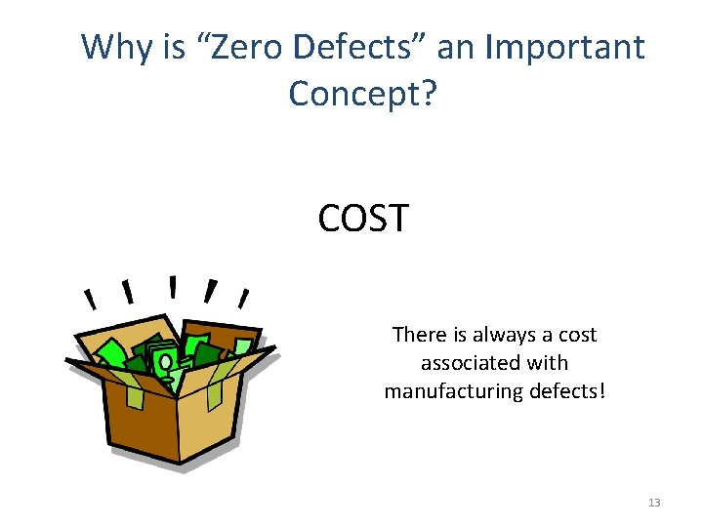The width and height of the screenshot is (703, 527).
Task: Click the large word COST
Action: click(363, 219)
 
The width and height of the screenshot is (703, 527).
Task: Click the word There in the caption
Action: click(418, 335)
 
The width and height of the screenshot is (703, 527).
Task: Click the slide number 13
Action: click(653, 503)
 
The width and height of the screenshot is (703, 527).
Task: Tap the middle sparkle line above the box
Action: click(173, 286)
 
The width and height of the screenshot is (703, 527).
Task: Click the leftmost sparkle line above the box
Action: click(89, 298)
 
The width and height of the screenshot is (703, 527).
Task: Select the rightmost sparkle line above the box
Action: click(243, 297)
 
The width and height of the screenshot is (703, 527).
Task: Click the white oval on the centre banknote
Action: click(166, 362)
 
